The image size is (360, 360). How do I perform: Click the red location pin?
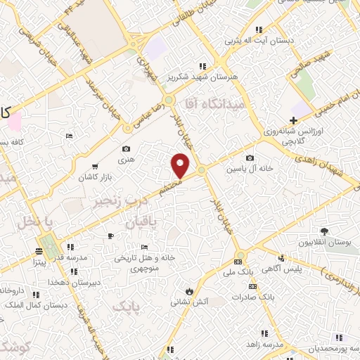181,166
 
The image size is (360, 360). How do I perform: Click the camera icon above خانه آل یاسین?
250,158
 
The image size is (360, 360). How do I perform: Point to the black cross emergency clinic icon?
293,120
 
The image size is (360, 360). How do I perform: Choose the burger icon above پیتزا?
39,250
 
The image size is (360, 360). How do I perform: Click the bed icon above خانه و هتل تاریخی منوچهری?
144,247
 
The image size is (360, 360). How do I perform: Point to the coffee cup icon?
110,235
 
